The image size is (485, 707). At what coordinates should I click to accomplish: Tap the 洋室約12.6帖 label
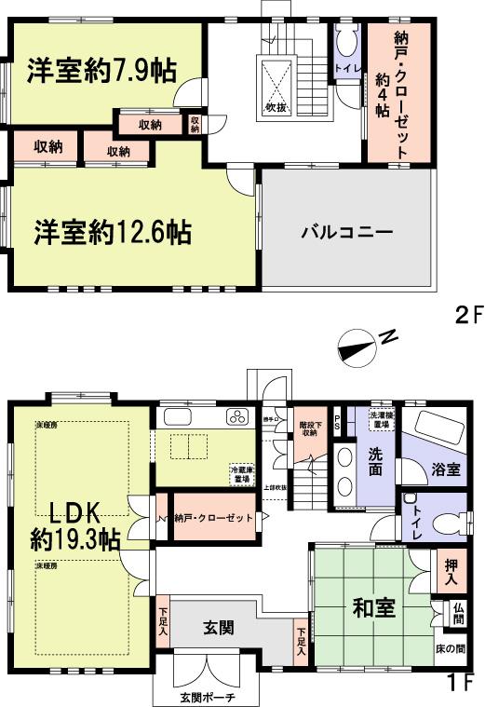click(x=113, y=230)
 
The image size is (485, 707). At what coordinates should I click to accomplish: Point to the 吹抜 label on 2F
click(x=276, y=106)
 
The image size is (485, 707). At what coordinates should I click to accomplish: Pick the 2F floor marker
click(x=469, y=314)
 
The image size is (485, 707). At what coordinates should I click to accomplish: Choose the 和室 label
click(x=373, y=611)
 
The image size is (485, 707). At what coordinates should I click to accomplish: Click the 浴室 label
click(x=445, y=469)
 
